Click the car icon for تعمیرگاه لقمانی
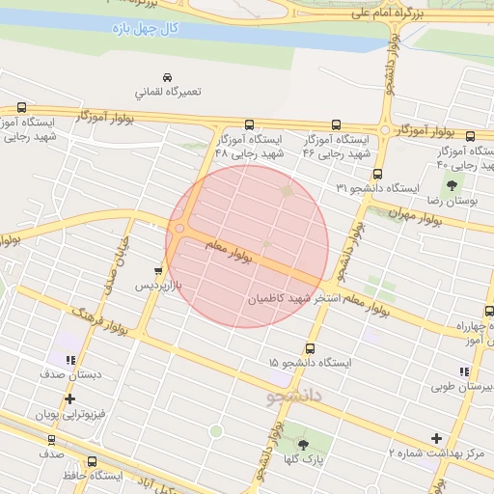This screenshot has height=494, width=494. click(x=167, y=77)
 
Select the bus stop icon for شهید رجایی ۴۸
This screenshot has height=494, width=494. click(x=249, y=124)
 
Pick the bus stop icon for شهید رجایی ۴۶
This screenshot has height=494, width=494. click(x=336, y=124)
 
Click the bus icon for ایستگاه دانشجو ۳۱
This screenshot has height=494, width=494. click(x=376, y=176)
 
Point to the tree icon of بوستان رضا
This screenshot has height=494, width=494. click(x=451, y=182)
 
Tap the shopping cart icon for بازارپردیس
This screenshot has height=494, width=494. click(x=157, y=271)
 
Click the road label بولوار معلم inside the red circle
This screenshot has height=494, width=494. click(x=228, y=252)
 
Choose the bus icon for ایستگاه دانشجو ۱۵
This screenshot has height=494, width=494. click(x=310, y=348)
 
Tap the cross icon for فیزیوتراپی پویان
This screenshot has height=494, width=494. click(x=69, y=398)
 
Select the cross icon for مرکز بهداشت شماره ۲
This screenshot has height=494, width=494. click(x=436, y=438)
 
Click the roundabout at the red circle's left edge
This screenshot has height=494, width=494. click(x=179, y=229)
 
